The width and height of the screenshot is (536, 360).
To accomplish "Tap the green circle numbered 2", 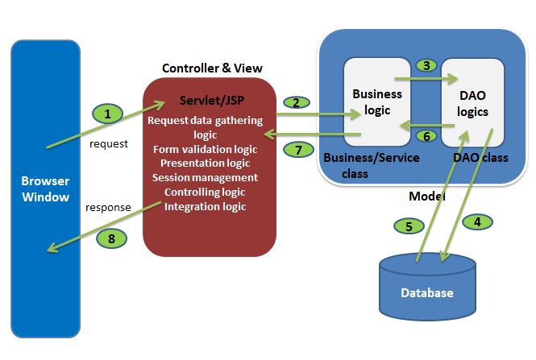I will coord(296,102).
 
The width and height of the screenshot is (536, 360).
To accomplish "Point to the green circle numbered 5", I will coord(409,226).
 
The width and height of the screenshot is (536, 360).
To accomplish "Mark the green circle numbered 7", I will coord(297,149).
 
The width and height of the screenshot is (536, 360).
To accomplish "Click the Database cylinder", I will coord(427,286).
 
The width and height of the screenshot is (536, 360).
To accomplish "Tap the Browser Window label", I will coord(44,188).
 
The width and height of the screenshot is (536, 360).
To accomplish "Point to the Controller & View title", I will coord(212,68).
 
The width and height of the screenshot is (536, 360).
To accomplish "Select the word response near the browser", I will coord(108,207).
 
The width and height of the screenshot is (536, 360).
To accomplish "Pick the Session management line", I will coord(205,177).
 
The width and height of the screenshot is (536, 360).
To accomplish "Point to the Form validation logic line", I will coord(205,149).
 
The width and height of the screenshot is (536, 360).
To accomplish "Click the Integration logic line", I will coord(205,207).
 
